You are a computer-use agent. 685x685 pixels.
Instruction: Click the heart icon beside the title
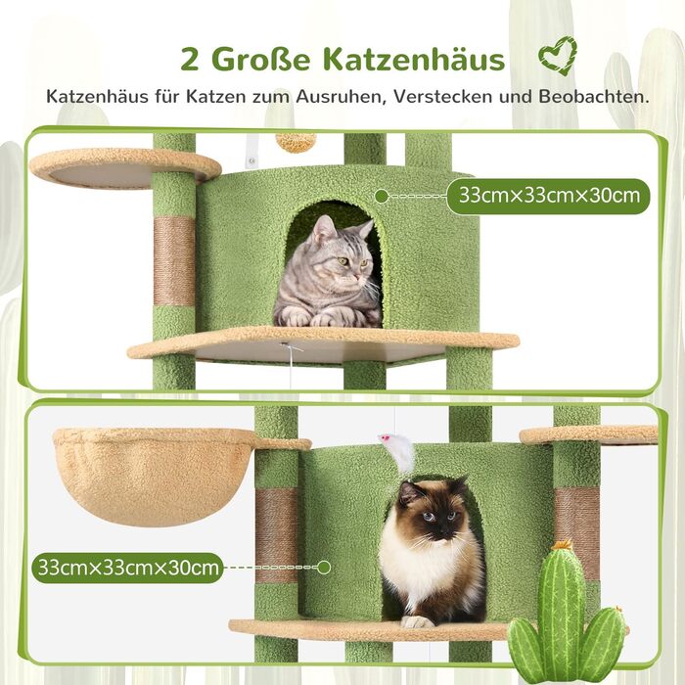pyautogui.click(x=557, y=56)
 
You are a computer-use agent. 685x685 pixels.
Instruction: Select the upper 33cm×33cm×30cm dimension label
pyautogui.click(x=548, y=195)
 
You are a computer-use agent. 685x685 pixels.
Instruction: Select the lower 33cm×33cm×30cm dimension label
pyautogui.click(x=127, y=566)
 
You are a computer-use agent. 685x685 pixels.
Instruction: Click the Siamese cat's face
pyautogui.click(x=432, y=510)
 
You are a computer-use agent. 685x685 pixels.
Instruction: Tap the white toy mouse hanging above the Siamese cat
pyautogui.click(x=398, y=450)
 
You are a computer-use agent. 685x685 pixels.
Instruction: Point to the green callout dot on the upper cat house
pyautogui.click(x=382, y=196)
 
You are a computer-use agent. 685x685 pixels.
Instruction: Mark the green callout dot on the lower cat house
pyautogui.click(x=324, y=566)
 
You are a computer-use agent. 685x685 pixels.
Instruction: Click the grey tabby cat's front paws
pyautogui.click(x=313, y=317)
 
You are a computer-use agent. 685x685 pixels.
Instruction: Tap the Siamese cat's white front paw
pyautogui.click(x=417, y=620)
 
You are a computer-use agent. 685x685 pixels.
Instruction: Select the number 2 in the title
pyautogui.click(x=192, y=59)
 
